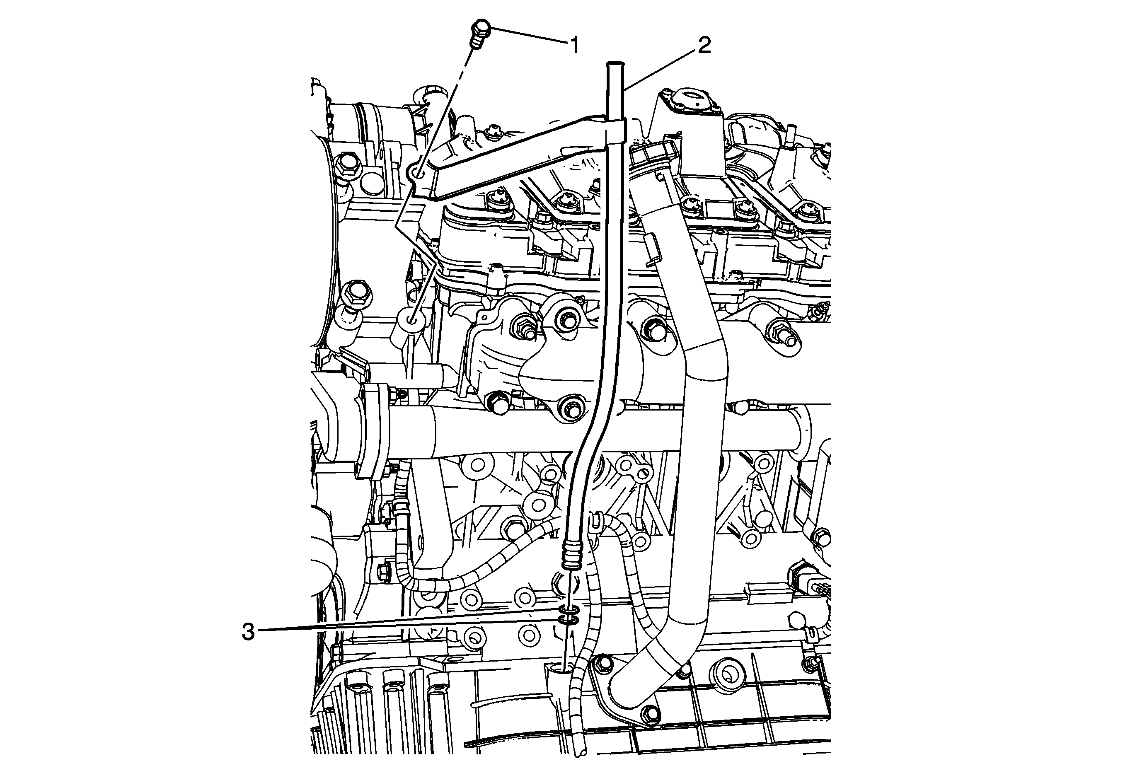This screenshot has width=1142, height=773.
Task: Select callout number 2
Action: [x=704, y=46]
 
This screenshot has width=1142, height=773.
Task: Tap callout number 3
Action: [x=249, y=632]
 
